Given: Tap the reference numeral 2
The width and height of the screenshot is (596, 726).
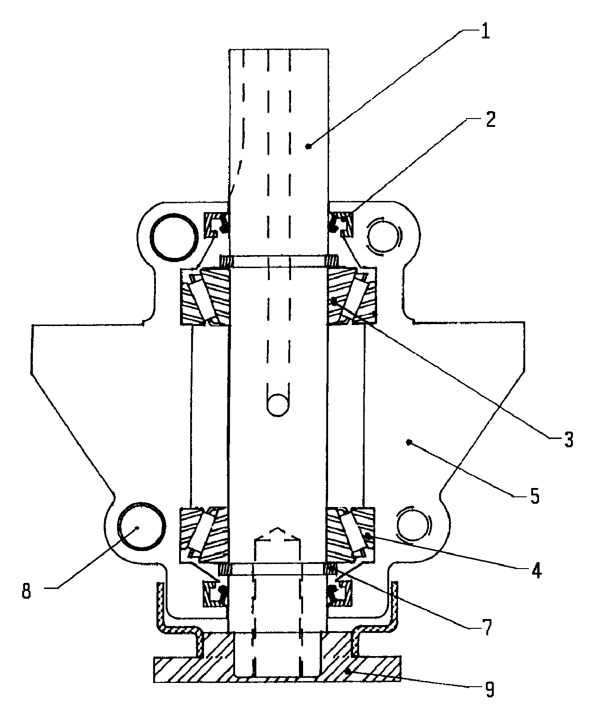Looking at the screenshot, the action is [x=490, y=119].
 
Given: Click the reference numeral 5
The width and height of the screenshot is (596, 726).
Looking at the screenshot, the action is [x=534, y=496].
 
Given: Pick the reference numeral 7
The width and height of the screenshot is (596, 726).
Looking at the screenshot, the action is [x=487, y=627].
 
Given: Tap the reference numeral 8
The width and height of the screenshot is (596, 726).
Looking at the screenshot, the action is [x=26, y=591].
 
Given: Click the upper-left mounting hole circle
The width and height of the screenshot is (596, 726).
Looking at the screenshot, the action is [x=174, y=237].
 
